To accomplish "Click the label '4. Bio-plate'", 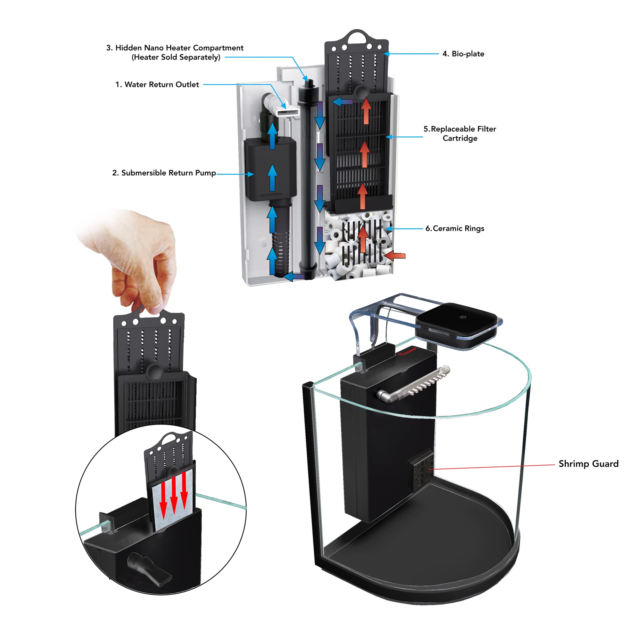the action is pos(463,54).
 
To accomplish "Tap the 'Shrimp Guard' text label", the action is pos(588,463).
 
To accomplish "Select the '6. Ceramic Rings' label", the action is pos(455,228).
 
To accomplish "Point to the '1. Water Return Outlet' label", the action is pos(157,84).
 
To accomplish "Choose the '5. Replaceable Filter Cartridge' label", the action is pos(460,133).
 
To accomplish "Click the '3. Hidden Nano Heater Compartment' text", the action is pos(175,48).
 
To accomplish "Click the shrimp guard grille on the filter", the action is pos(421,469).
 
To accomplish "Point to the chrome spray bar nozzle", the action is pos(413,384).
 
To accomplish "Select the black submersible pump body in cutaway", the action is pos(270,168).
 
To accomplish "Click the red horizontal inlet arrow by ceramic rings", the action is pos(394,255).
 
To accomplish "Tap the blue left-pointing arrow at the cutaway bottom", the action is pos(294,276).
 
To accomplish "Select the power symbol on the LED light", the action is pos(463,317).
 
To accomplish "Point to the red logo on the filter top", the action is pos(407,352).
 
